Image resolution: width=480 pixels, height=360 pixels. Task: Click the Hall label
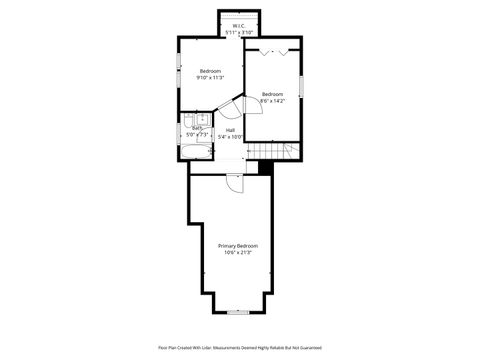[230, 130]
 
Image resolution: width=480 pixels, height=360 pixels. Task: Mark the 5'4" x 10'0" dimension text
[230, 137]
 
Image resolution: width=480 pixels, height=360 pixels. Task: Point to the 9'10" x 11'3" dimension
[210, 77]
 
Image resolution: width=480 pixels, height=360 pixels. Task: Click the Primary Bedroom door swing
[232, 182]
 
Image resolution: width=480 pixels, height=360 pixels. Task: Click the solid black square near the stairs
[265, 167]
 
